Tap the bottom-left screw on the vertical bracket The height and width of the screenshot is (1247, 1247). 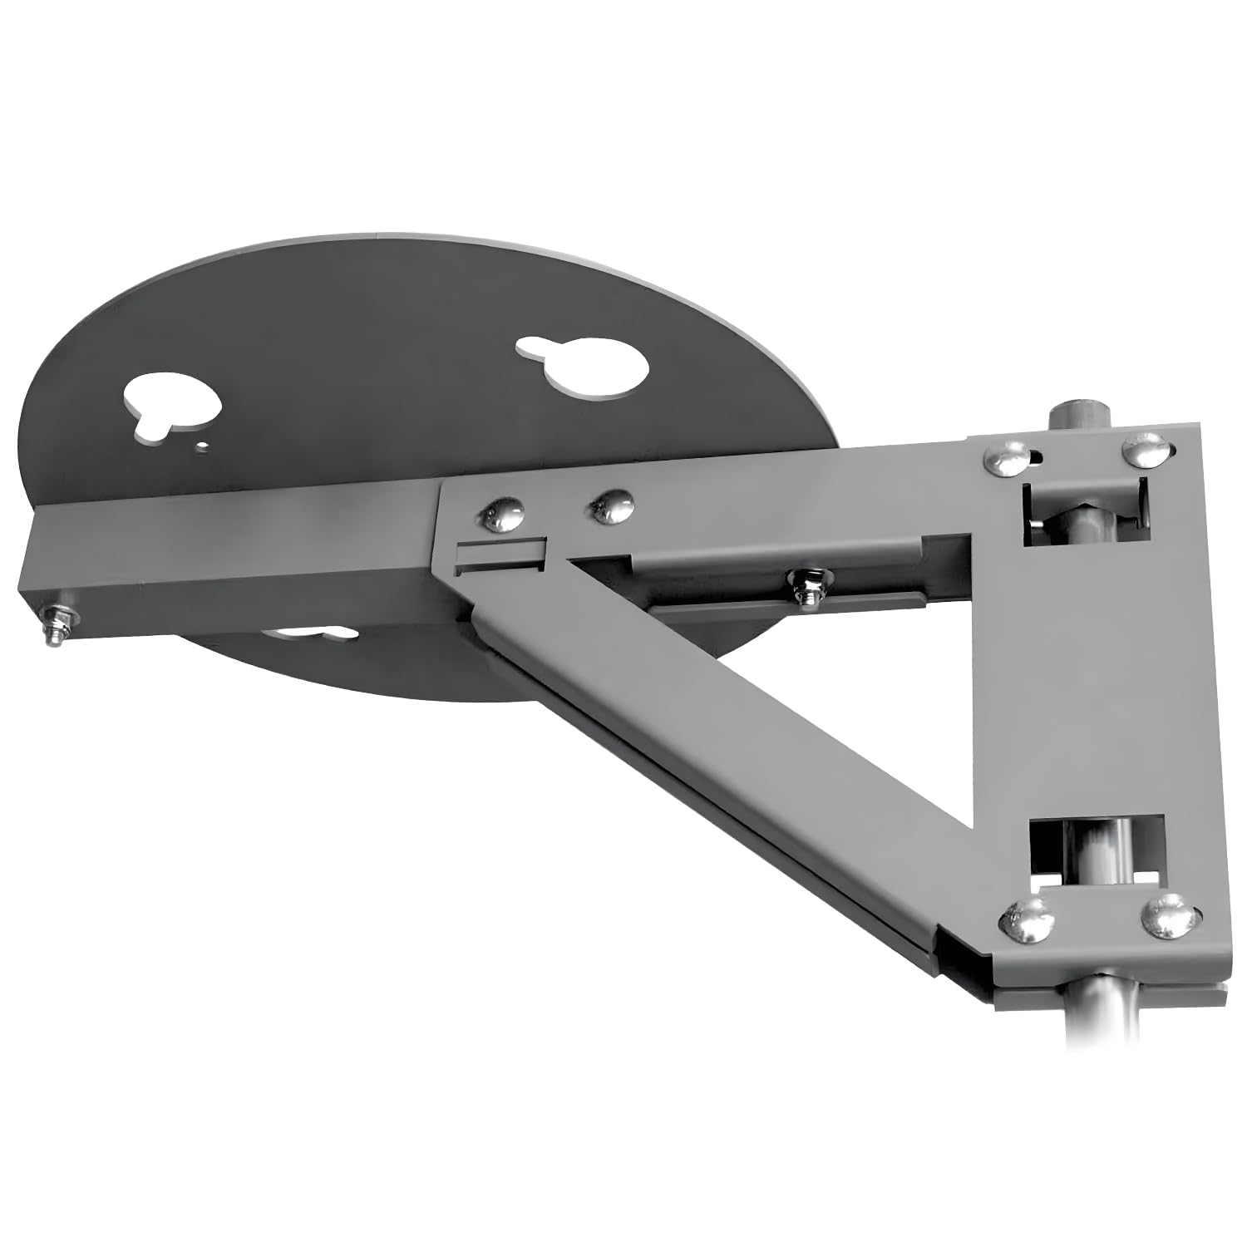[1023, 921]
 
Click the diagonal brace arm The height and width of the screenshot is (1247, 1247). [723, 732]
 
